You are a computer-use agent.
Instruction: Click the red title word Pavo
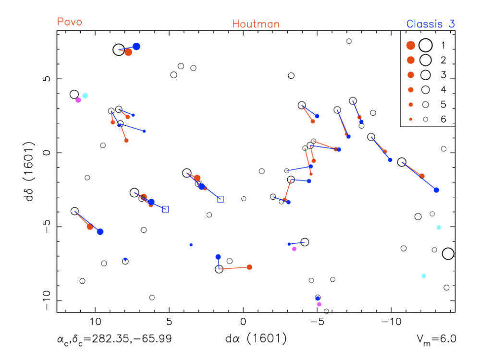point(70,22)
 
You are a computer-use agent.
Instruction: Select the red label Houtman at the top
point(256,24)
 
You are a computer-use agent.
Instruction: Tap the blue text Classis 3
point(430,24)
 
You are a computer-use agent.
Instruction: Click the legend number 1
point(444,46)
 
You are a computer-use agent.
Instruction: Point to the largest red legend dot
point(411,46)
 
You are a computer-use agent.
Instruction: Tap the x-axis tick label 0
point(244,322)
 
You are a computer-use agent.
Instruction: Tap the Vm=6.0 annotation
point(437,339)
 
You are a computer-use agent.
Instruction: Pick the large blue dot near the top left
point(136,47)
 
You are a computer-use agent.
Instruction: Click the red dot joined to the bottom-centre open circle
point(249,267)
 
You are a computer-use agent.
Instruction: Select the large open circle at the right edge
point(448,254)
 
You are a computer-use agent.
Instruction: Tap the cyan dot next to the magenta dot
point(85,96)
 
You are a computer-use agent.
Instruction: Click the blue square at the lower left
point(166,209)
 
